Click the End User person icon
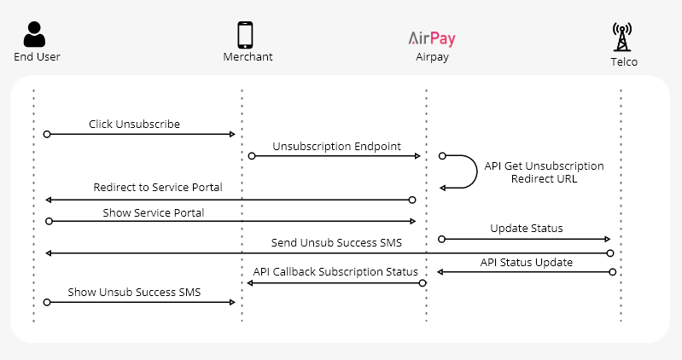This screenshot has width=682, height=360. pos(34,34)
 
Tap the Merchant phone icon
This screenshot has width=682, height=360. pos(245,35)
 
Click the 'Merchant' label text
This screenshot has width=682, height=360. pos(247,57)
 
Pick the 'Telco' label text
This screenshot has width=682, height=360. pos(624,62)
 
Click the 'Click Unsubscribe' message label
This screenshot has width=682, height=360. pos(134,125)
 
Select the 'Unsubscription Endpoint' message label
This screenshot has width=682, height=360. pos(336,147)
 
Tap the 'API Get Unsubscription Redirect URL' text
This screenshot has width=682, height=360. pos(544,172)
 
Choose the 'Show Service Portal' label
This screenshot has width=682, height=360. pos(154,212)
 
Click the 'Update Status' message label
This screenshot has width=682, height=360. pos(526,229)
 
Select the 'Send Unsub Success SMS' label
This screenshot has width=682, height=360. pos(336,243)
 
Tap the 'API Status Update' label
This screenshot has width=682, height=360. pos(526,262)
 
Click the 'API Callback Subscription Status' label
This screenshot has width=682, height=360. pos(335,272)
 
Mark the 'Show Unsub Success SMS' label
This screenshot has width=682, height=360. pos(134,293)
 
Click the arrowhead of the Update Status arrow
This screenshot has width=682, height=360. pos(608,240)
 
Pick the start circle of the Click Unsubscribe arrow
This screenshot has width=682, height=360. pos(47,134)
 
